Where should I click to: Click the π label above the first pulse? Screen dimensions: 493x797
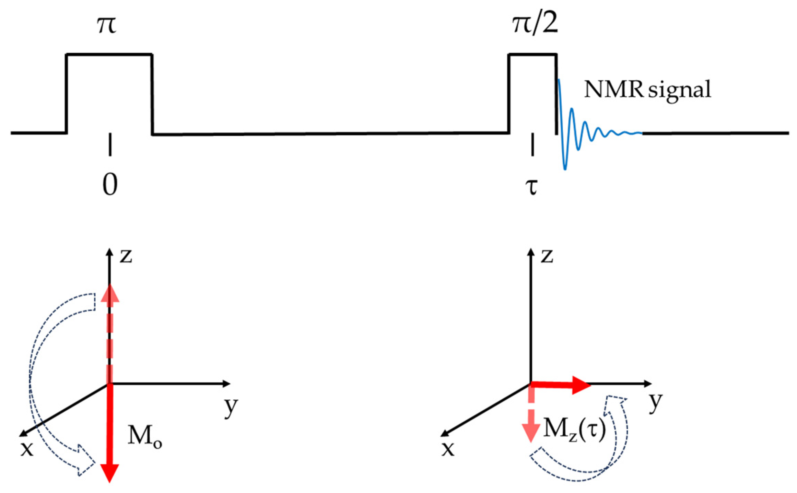point(107,26)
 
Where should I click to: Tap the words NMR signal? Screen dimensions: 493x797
point(647,90)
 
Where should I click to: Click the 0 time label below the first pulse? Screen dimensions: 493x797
point(110,184)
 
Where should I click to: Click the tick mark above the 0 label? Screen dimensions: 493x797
point(110,144)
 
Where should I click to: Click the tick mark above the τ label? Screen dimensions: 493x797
point(532,144)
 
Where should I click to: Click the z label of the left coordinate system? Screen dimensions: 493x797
point(126,256)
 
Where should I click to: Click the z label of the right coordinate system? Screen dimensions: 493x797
point(547,256)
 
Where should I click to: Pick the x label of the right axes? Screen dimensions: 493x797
point(448,449)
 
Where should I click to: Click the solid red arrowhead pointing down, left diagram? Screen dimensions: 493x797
point(109,472)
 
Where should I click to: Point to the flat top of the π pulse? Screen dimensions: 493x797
point(109,54)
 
